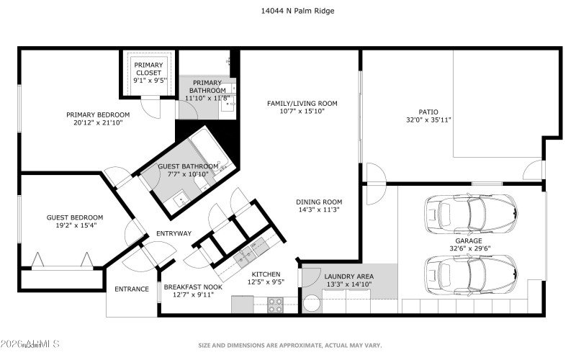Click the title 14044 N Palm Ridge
287,11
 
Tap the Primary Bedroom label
98,114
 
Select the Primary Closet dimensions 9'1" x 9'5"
148,81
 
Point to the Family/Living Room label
297,103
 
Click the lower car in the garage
471,272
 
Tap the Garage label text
468,241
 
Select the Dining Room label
318,202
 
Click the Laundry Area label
348,276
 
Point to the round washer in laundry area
312,303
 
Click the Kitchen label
265,274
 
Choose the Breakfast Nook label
193,287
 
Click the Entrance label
132,289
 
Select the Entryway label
174,233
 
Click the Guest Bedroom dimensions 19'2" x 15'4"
75,225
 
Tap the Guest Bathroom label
183,166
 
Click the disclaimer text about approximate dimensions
287,345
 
